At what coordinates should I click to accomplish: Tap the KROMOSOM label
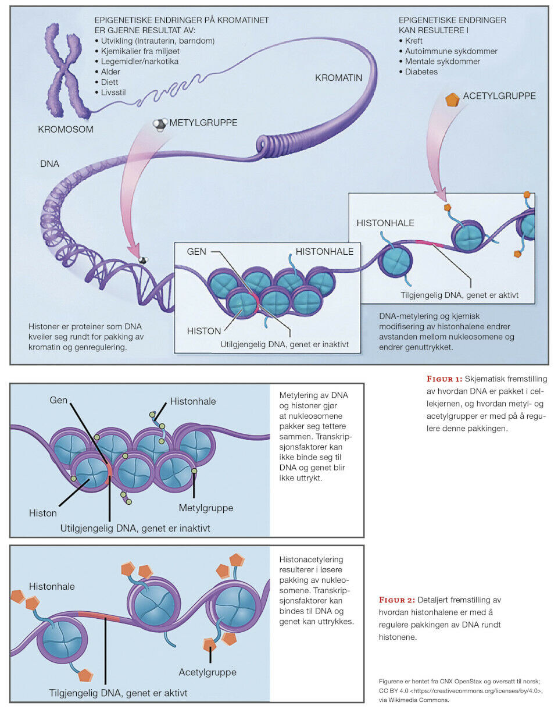(66, 129)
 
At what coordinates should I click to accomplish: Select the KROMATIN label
(339, 77)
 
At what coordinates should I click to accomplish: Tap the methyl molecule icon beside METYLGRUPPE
(159, 123)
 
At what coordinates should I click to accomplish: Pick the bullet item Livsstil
(116, 92)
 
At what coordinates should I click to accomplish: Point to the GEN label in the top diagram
(196, 252)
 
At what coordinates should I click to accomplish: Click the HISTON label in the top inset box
(204, 331)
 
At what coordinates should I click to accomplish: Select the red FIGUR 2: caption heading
(399, 600)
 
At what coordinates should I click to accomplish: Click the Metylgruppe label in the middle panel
(206, 508)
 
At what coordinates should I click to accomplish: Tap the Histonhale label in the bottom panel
(52, 586)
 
